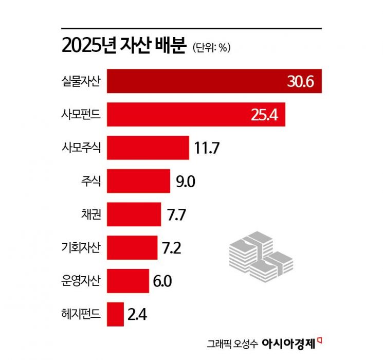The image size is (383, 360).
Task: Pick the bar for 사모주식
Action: point(148,148)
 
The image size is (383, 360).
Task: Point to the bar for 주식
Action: point(138,182)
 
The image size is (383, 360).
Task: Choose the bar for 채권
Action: point(134,214)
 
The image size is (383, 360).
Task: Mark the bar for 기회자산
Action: point(132,248)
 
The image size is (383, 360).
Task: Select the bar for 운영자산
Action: point(128,281)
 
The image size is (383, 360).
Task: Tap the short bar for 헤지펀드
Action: point(116,314)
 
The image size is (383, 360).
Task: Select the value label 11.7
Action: point(207,149)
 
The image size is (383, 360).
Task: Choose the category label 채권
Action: point(92,214)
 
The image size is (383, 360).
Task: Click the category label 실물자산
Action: point(81,81)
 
